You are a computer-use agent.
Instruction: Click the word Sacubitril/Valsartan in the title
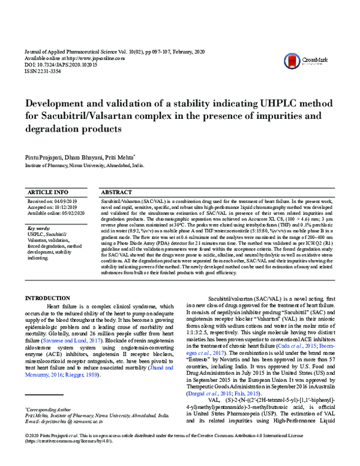point(87,116)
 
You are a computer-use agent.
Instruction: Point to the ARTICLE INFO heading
point(48,191)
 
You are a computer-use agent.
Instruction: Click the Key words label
point(40,228)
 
